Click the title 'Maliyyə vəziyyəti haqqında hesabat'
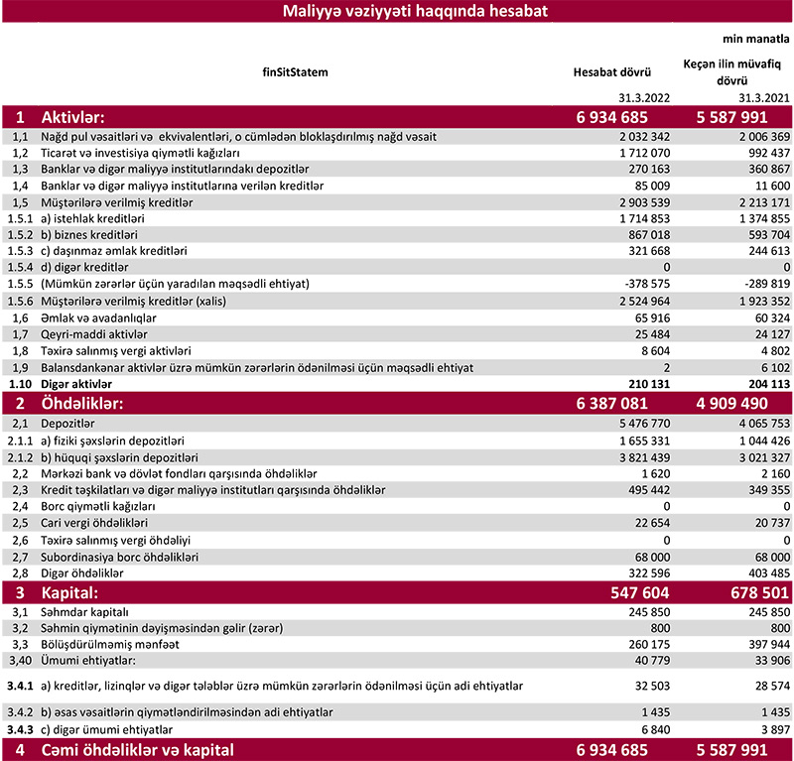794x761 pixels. pos(396,12)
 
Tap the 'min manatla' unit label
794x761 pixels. pos(759,39)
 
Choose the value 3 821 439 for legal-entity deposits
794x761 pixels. pos(630,455)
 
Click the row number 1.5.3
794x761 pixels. pos(20,251)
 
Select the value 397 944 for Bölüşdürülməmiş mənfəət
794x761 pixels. pos(765,645)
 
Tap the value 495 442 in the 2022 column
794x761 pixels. pos(635,489)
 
